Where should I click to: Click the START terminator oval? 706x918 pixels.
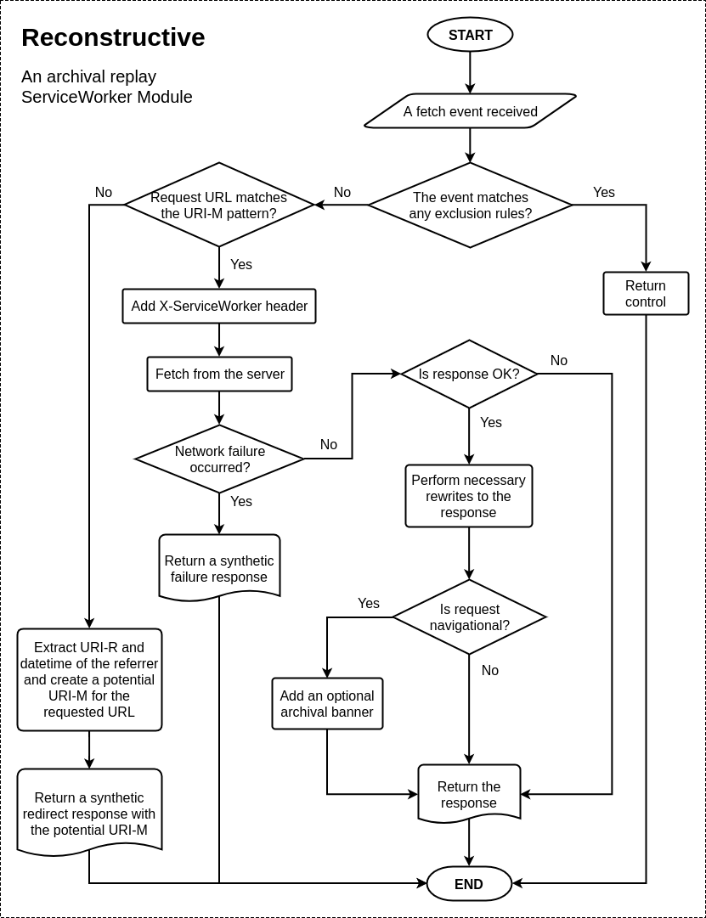point(470,35)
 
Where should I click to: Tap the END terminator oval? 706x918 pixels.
point(469,884)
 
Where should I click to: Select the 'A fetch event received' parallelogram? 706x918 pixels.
point(470,111)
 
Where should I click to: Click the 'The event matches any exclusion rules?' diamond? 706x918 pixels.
point(470,205)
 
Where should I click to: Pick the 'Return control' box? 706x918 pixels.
point(646,294)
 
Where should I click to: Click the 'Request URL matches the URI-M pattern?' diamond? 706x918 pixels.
point(219,205)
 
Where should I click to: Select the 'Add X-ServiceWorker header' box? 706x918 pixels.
point(219,307)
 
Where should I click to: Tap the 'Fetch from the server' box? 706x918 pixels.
point(219,375)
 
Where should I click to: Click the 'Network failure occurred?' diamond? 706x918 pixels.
point(219,459)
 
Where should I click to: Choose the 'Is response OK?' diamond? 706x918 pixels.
point(469,375)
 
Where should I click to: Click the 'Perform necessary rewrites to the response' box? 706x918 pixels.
point(469,496)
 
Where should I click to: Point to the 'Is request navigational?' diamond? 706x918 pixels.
point(469,617)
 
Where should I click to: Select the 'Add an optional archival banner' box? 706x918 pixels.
point(327,704)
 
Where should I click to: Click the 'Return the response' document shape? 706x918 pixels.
point(469,794)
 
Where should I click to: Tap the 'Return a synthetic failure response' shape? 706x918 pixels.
point(219,567)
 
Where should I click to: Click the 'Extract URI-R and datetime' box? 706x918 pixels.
point(89,679)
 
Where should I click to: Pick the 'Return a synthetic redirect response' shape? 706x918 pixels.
point(89,812)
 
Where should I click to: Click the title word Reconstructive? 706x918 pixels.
point(113,37)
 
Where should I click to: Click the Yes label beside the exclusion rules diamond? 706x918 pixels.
point(604,193)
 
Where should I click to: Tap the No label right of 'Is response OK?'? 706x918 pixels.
point(559,361)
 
